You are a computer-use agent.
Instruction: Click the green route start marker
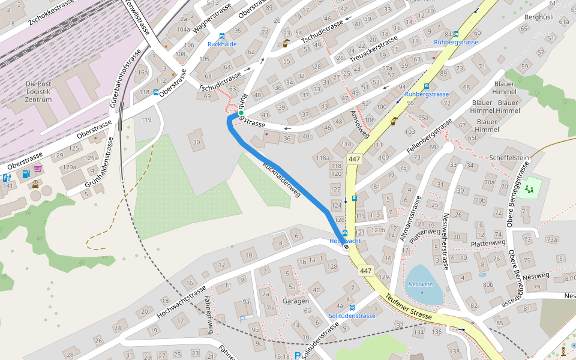(x=241, y=113)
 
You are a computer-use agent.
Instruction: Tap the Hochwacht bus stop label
(x=345, y=241)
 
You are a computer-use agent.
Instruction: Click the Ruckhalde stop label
(x=222, y=44)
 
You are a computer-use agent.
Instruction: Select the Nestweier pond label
(x=421, y=284)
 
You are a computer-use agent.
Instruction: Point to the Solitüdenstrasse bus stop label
(x=352, y=316)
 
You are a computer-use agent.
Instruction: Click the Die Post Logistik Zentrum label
(x=39, y=92)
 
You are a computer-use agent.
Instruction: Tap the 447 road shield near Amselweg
(x=353, y=159)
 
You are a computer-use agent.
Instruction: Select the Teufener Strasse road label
(x=409, y=306)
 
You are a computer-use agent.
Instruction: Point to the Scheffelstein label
(x=509, y=158)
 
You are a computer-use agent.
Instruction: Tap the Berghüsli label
(x=538, y=17)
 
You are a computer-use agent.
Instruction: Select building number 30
(x=196, y=142)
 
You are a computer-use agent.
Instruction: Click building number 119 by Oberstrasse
(x=146, y=120)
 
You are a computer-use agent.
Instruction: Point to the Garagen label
(x=296, y=301)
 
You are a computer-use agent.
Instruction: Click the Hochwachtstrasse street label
(x=181, y=301)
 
